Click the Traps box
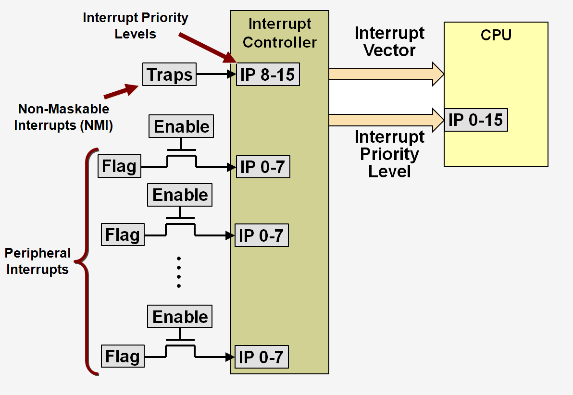(169, 74)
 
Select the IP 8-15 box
(268, 74)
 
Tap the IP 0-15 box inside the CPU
(475, 120)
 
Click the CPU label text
(496, 35)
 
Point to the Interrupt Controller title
(279, 33)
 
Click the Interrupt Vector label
(389, 41)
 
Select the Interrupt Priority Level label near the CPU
(389, 154)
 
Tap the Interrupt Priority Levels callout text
(135, 26)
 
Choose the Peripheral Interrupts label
(37, 261)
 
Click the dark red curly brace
(89, 262)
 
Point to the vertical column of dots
(179, 272)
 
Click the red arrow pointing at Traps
(121, 91)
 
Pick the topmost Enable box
(182, 127)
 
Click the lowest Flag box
(123, 356)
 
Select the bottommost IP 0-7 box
(261, 357)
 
